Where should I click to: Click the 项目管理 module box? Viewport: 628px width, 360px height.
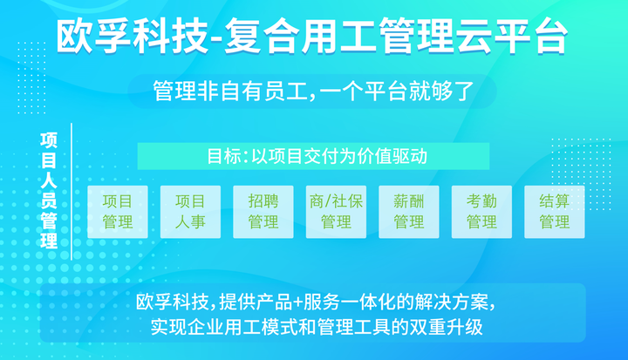(x=118, y=212)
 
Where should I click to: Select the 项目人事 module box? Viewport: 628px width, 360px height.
(x=190, y=212)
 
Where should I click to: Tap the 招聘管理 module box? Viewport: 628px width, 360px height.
(x=263, y=212)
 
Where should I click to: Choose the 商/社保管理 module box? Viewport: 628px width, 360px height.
(x=336, y=212)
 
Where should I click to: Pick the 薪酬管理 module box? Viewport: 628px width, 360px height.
(x=409, y=212)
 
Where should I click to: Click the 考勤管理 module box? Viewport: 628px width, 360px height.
(x=481, y=212)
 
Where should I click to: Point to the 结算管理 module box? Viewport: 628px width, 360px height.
(x=555, y=212)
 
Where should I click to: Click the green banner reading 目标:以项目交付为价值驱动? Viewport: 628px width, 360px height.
(x=313, y=156)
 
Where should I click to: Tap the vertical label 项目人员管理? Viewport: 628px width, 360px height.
(x=49, y=191)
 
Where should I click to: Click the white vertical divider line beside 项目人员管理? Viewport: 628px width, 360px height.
(x=72, y=192)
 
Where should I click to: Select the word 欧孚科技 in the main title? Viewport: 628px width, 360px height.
(x=133, y=36)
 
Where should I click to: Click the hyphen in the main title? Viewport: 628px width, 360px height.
(x=216, y=38)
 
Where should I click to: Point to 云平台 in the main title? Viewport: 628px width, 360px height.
(x=511, y=36)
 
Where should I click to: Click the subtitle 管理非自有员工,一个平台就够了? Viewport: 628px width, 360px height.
(x=314, y=91)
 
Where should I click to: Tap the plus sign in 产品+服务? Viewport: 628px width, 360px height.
(x=297, y=302)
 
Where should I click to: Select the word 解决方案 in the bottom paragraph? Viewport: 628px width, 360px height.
(x=452, y=302)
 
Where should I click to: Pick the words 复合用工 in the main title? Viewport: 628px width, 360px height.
(x=300, y=36)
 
